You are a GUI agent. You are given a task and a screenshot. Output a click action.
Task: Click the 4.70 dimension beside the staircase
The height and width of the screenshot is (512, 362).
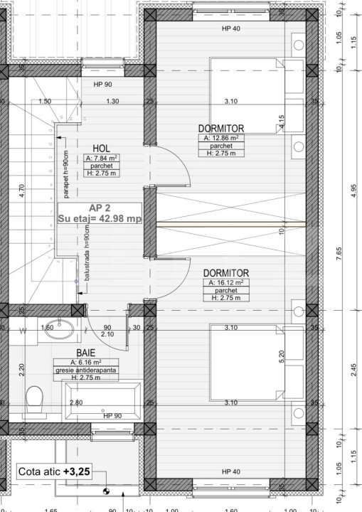pos(21,192)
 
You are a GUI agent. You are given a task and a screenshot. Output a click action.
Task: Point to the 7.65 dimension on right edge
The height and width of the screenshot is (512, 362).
pos(339,254)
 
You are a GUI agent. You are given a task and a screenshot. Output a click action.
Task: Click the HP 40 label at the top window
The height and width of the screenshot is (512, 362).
pos(230,28)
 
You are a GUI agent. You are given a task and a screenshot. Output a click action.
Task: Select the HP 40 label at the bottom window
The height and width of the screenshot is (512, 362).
pos(230,471)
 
